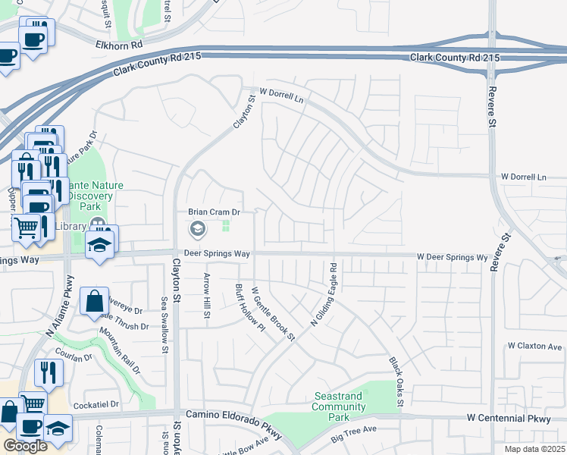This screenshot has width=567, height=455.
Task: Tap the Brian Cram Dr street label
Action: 214,212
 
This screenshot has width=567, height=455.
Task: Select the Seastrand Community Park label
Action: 339,406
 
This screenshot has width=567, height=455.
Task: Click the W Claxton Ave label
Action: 534,346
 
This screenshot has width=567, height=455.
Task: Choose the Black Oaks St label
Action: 395,376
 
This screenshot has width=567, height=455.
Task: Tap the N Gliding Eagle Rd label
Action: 324,295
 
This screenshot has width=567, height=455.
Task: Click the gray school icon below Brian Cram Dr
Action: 197,228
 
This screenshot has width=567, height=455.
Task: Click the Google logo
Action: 25,446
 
